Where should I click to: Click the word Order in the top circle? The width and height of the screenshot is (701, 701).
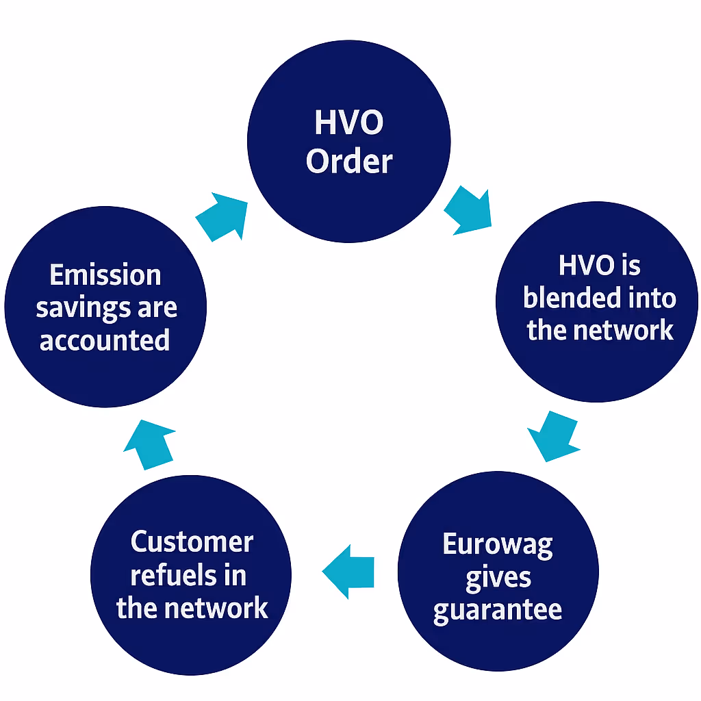(349, 162)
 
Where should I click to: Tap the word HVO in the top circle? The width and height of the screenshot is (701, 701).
(349, 123)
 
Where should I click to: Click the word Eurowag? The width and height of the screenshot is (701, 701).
(498, 545)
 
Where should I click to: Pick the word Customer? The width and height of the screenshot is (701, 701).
(192, 542)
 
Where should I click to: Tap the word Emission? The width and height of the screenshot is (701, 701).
(105, 275)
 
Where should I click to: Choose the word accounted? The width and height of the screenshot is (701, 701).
(105, 340)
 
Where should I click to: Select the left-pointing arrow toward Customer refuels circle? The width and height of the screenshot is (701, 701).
(348, 572)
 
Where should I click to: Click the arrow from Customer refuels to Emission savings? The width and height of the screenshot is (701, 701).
(150, 443)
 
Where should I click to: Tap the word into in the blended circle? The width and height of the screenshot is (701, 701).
(654, 298)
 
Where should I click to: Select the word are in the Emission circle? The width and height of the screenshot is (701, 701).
(157, 308)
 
